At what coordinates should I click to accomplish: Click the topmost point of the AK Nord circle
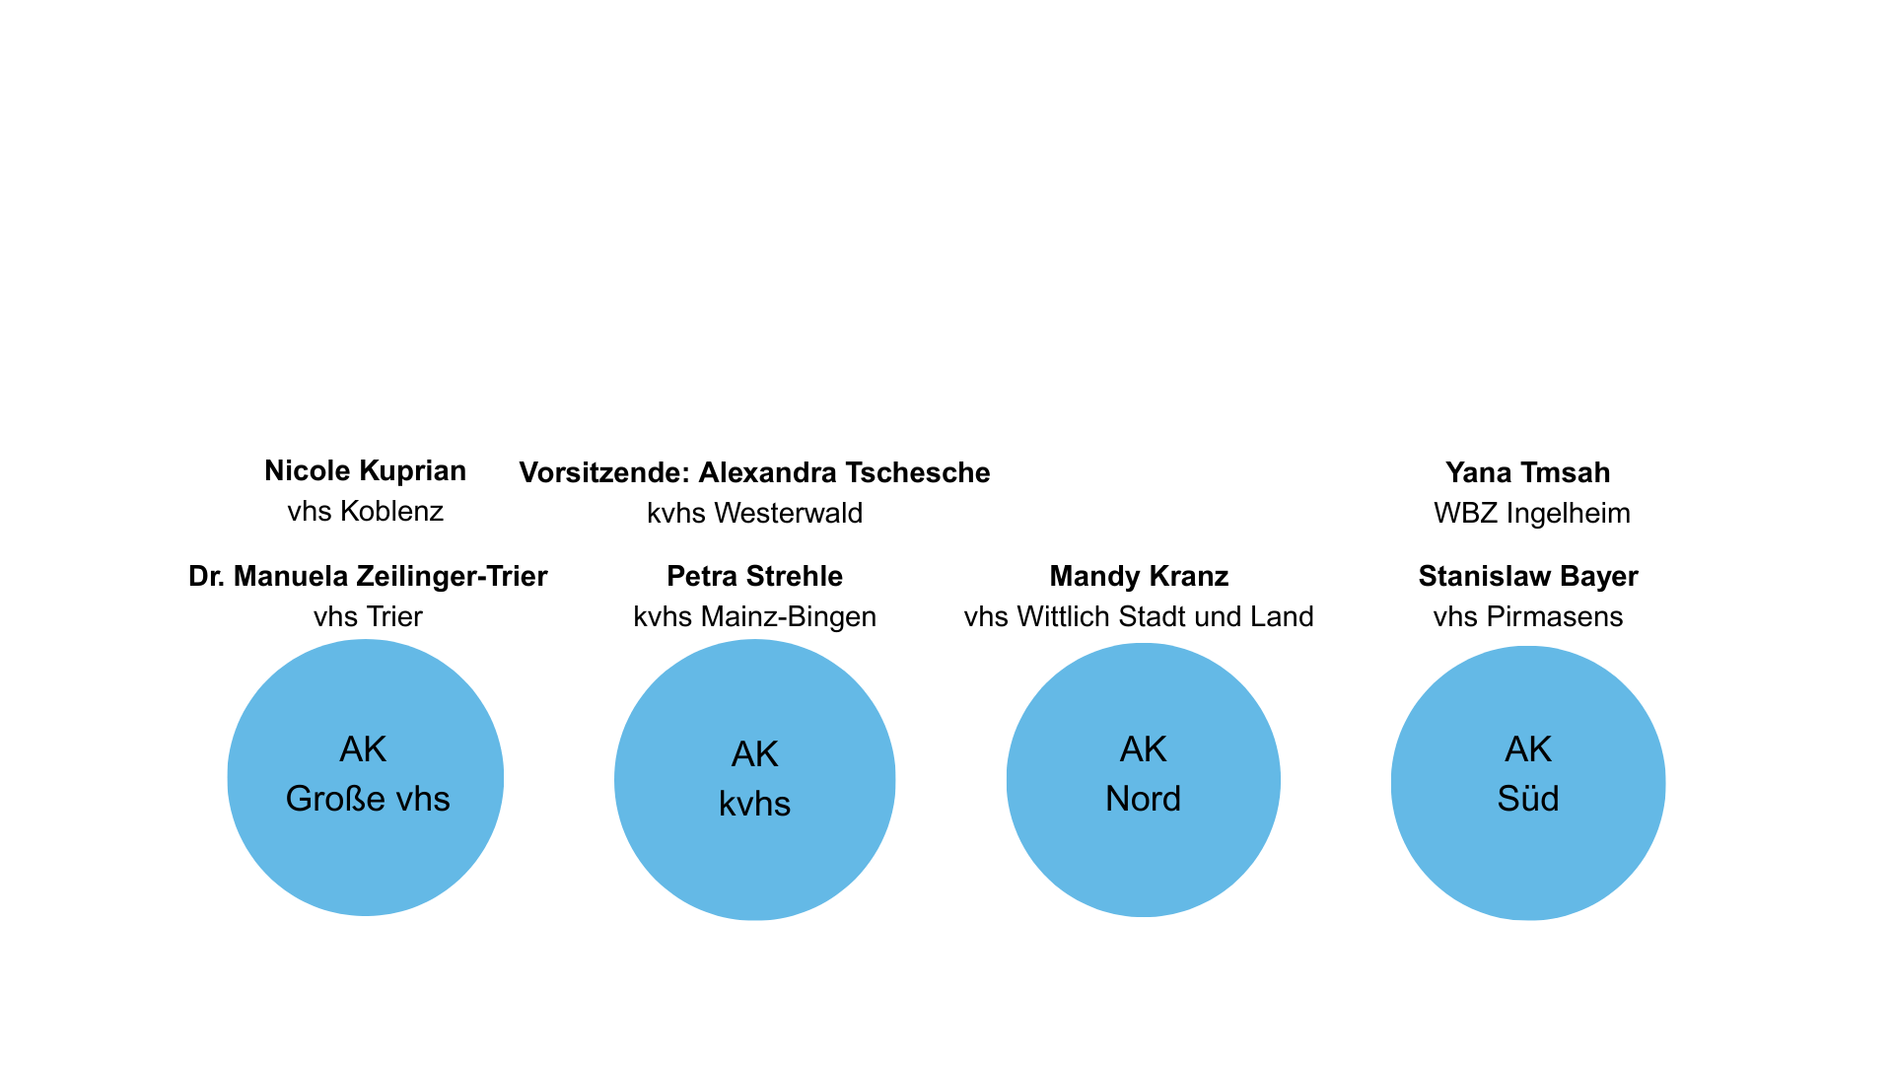[1144, 644]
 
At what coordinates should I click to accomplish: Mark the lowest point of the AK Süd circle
[1528, 920]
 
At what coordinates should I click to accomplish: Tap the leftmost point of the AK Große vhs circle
[228, 778]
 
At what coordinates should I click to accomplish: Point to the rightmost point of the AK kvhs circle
[895, 781]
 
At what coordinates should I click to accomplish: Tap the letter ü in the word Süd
[1527, 799]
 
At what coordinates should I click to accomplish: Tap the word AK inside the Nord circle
[1144, 749]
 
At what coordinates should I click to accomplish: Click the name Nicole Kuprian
[366, 471]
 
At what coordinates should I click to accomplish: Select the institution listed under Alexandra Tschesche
[755, 513]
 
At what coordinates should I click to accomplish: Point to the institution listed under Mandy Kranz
[1139, 616]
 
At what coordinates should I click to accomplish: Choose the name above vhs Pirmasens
[1528, 576]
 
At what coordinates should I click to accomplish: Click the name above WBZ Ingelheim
[1528, 472]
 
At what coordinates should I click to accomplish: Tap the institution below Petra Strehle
[755, 617]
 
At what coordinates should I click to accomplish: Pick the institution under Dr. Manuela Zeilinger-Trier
[368, 616]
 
